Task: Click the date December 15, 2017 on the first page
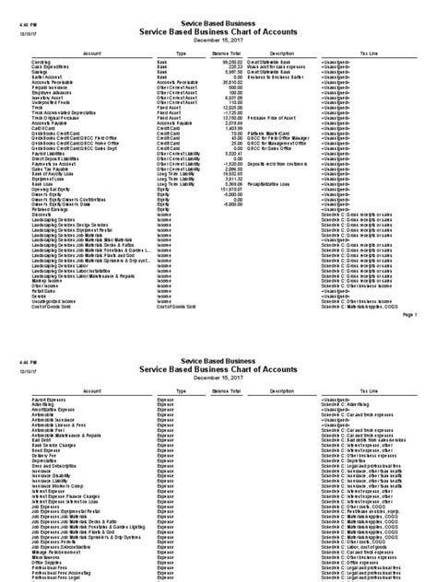pyautogui.click(x=218, y=41)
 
